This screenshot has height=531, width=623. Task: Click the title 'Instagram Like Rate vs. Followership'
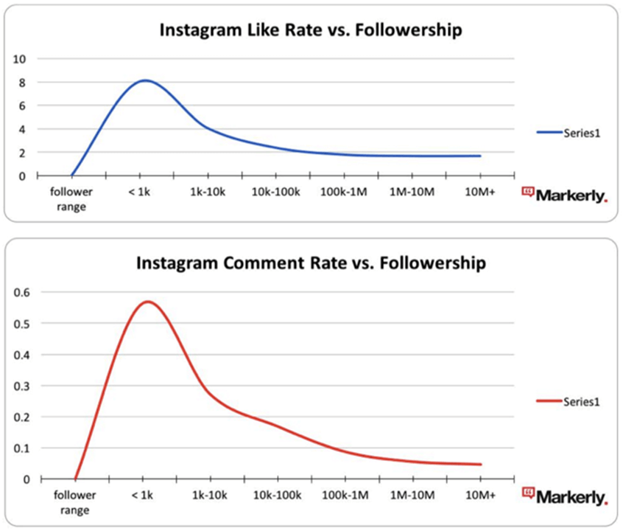click(311, 31)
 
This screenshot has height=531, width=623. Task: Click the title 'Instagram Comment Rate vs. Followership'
click(311, 263)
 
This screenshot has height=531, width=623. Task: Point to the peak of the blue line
click(145, 80)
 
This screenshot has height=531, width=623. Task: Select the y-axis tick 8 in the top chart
click(22, 83)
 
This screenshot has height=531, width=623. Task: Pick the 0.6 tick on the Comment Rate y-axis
click(24, 292)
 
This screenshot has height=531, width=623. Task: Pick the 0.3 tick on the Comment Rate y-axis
click(24, 386)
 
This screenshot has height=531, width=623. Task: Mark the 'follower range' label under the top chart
click(71, 199)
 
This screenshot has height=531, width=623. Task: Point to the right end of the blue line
click(480, 156)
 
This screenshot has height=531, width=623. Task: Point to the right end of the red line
click(481, 465)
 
